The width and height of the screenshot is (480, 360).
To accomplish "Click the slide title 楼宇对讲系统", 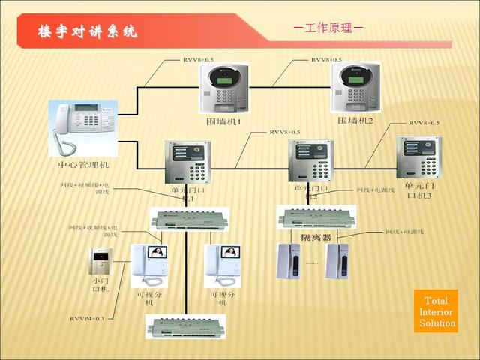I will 88,31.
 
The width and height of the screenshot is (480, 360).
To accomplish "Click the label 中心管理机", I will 82,164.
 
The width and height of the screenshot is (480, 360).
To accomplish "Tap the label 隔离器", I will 316,237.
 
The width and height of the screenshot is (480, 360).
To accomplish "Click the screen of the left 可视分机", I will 158,253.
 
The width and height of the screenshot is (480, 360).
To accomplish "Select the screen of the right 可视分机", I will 231,253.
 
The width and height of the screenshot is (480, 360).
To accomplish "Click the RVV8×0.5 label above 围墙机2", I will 326,59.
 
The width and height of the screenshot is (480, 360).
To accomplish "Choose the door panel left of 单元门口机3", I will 310,161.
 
